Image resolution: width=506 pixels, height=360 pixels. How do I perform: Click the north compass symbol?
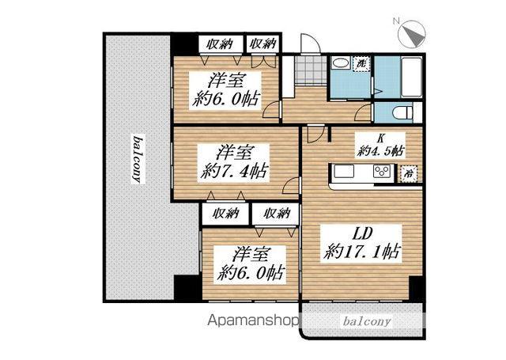coord(412,33)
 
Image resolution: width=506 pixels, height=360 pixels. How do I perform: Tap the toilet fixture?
coord(402,113)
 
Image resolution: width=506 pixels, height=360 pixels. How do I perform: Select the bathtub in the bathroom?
coord(411,77)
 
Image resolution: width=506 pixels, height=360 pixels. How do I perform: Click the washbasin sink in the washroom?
coord(341,63)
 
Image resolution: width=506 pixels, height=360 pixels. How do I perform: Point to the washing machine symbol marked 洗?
coord(361,63)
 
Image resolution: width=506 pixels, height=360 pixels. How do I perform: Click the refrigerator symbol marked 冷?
coord(409,174)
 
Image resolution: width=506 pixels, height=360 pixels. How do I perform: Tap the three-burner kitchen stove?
coord(383,171)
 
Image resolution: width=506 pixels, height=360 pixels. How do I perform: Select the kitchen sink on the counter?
coord(345,171)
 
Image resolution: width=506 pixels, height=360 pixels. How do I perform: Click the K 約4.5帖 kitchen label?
coord(380,146)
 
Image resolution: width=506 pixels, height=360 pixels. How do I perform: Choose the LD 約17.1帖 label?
coord(362,243)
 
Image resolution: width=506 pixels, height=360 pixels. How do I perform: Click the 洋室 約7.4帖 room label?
coord(233,163)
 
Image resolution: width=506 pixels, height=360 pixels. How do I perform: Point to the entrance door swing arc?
coord(311,43)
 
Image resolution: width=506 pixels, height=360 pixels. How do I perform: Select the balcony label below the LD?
coord(366,321)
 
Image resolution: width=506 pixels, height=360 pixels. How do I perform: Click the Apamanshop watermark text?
coord(253,320)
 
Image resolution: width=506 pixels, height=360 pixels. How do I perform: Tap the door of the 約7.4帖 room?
coord(291,185)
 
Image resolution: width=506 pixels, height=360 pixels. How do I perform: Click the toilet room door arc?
coord(364,112)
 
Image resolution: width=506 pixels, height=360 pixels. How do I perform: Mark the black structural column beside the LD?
coord(415,289)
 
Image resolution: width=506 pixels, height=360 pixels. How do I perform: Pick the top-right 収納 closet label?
coord(263,44)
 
